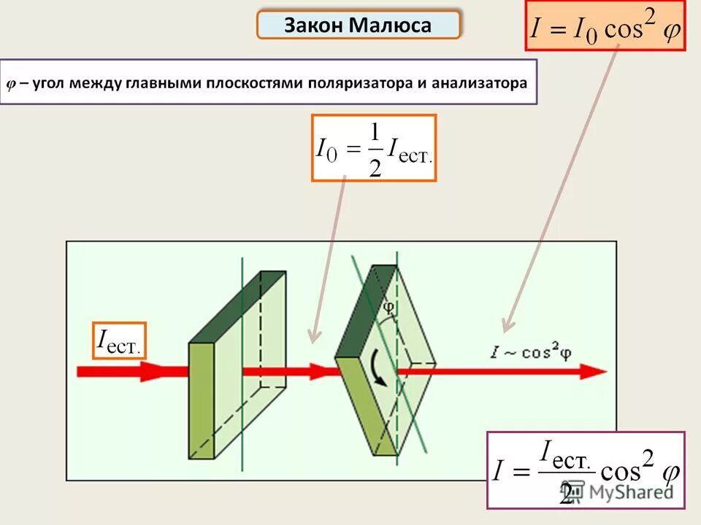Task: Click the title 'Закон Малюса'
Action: point(358,26)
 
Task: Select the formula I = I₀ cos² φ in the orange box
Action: point(605,27)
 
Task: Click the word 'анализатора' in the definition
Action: point(479,83)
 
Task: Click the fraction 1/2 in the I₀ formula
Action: point(375,149)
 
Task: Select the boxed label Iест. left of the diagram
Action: point(119,341)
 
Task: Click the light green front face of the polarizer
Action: point(202,400)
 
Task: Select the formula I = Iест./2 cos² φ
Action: point(586,470)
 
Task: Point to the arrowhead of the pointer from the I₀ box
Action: point(313,337)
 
